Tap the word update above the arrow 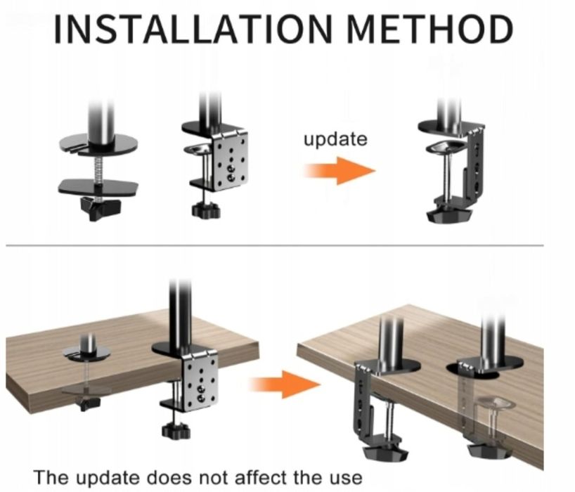(335, 139)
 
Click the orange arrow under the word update (340, 171)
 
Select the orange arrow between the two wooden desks (285, 384)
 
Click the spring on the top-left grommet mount (98, 169)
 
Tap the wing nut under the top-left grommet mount (100, 207)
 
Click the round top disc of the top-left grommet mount (99, 145)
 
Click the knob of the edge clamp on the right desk (385, 452)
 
